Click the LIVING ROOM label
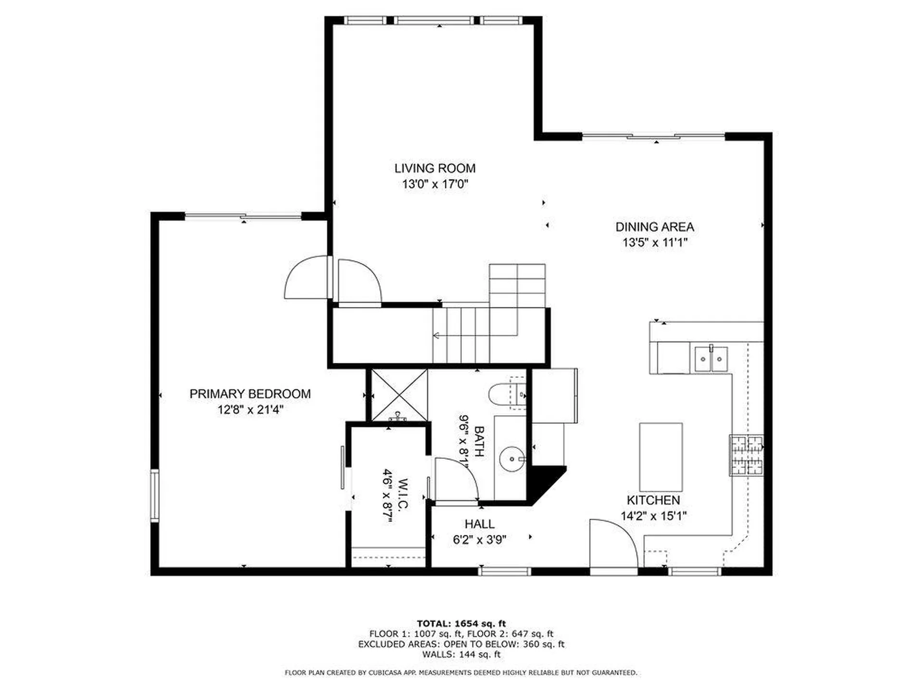(x=435, y=168)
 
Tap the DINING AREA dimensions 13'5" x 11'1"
(x=654, y=243)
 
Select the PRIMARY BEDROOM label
(x=250, y=394)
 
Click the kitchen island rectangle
(x=661, y=456)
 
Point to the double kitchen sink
(x=711, y=359)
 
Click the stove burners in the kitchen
(x=747, y=455)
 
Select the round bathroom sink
(x=511, y=459)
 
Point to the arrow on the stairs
(x=437, y=335)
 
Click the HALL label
(x=479, y=524)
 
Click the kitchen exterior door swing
(x=613, y=543)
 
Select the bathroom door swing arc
(x=457, y=478)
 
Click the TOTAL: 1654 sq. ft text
(x=461, y=624)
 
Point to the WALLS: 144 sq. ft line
(x=461, y=655)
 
